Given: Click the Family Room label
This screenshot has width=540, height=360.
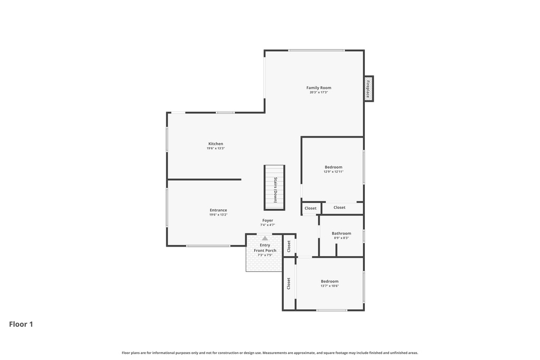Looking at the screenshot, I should pyautogui.click(x=319, y=87).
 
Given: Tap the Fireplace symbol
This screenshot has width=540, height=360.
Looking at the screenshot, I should pyautogui.click(x=369, y=89).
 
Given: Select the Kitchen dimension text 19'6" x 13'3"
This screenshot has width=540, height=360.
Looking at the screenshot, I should pyautogui.click(x=216, y=149).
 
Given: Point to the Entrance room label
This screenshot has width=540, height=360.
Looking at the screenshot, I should pyautogui.click(x=218, y=210).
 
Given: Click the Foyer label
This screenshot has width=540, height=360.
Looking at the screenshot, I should pyautogui.click(x=268, y=220).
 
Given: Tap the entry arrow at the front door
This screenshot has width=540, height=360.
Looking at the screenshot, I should pyautogui.click(x=265, y=238).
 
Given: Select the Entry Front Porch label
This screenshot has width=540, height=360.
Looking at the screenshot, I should pyautogui.click(x=265, y=248).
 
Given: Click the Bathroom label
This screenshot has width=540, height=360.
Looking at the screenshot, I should pyautogui.click(x=341, y=233).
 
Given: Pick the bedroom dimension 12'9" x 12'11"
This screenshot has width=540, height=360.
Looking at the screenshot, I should pyautogui.click(x=333, y=172).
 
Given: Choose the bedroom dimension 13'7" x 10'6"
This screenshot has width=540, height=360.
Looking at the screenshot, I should pyautogui.click(x=330, y=286).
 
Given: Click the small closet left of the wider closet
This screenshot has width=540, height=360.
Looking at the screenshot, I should pyautogui.click(x=311, y=208).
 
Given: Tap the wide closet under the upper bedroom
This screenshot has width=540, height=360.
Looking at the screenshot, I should pyautogui.click(x=340, y=208).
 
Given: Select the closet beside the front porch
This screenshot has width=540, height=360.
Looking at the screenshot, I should pyautogui.click(x=289, y=246).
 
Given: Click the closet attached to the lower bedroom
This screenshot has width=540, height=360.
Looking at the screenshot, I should pyautogui.click(x=289, y=284).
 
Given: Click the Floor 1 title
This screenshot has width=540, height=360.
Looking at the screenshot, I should pyautogui.click(x=21, y=324).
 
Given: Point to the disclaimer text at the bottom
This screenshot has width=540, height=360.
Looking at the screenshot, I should pyautogui.click(x=270, y=353).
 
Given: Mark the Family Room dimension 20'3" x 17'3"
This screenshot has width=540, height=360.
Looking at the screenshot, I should pyautogui.click(x=319, y=93).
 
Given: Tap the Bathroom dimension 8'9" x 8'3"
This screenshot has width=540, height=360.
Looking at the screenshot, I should pyautogui.click(x=341, y=238).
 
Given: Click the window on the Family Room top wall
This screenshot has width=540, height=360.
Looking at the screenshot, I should pyautogui.click(x=316, y=51).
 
